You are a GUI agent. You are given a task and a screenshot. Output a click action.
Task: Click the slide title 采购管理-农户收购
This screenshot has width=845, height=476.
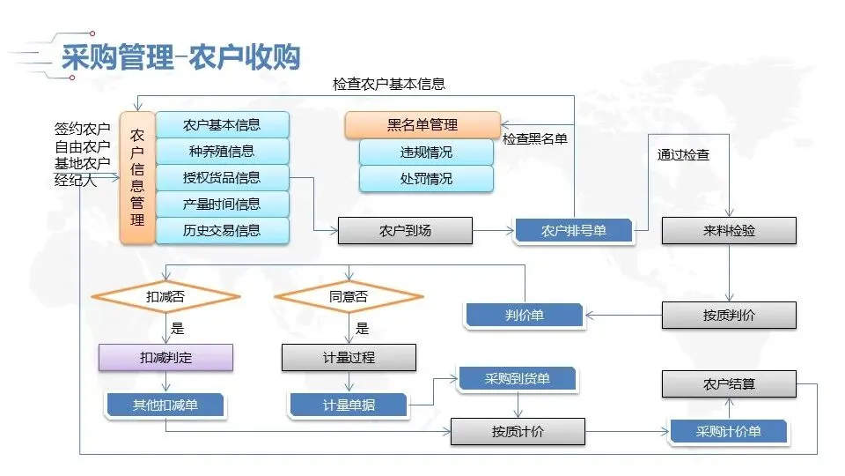tap(180, 56)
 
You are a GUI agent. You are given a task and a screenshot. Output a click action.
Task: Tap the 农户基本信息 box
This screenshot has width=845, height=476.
tap(222, 124)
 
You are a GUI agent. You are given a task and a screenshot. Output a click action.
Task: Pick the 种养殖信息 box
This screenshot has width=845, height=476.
tap(222, 151)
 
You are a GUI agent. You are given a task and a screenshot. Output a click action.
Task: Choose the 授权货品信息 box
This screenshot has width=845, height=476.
tap(222, 177)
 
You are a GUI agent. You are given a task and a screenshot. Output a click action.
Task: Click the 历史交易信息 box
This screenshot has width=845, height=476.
tap(222, 230)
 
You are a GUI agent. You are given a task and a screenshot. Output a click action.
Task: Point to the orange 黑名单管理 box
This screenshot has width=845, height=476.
tap(422, 125)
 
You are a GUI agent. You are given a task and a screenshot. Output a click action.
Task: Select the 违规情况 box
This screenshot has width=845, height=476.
tap(426, 152)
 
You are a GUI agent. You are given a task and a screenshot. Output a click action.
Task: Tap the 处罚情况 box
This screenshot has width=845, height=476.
tap(426, 178)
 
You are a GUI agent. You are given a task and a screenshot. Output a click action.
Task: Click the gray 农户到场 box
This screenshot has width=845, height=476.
tap(405, 231)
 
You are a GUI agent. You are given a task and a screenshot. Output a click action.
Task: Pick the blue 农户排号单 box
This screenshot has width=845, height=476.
tap(573, 231)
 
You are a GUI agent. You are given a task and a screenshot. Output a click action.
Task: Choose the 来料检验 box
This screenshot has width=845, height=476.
tap(729, 231)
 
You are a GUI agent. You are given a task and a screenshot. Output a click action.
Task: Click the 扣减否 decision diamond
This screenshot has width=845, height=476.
tap(165, 297)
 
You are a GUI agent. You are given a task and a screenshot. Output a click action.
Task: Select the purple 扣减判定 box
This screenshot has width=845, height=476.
tap(165, 358)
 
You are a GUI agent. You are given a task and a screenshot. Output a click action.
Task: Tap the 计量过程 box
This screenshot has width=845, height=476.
tap(349, 358)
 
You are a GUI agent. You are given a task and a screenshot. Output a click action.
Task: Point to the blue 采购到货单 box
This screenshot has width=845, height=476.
tap(517, 379)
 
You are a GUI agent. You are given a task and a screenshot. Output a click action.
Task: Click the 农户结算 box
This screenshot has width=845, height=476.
tap(729, 384)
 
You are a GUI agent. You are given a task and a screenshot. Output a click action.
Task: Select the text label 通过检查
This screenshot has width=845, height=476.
tap(683, 154)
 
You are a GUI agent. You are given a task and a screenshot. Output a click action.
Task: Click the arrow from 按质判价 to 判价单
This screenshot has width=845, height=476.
tap(623, 315)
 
